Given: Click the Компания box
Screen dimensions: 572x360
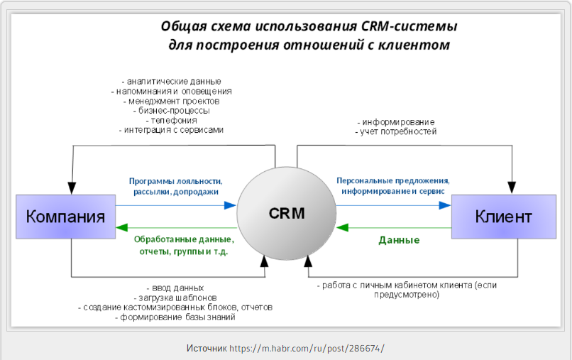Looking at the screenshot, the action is point(66,217).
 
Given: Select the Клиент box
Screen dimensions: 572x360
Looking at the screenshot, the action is point(504,217).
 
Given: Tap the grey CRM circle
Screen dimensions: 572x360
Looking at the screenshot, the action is point(287,214).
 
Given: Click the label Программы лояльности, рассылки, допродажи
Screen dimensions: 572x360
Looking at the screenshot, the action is point(176,186).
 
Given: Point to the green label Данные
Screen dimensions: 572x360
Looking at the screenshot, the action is point(399,240).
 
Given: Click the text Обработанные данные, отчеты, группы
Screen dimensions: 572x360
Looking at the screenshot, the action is point(184,246).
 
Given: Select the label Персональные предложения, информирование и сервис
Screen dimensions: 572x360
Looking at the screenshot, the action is point(393,186).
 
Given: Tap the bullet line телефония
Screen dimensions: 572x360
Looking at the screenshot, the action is point(172,120).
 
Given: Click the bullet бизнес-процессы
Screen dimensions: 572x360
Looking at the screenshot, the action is point(172,110).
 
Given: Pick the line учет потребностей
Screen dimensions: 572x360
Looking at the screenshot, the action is point(396,131).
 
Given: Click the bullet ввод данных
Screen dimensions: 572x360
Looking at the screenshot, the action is point(175,288).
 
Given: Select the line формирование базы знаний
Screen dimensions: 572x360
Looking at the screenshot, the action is point(175,317).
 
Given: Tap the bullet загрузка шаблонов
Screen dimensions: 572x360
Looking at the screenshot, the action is point(175,298).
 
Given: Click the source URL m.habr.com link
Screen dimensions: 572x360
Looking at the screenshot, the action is point(307,349).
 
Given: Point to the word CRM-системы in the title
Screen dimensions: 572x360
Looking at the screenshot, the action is point(409,26).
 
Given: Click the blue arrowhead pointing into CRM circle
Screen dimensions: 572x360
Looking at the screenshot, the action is point(230,205).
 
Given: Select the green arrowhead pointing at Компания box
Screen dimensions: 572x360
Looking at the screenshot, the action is point(122,228).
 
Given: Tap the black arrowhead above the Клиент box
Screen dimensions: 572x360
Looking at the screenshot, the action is point(512,187).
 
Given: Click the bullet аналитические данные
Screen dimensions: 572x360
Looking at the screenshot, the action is point(172,82).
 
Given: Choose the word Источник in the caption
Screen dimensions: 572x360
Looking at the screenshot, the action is point(207,349).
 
